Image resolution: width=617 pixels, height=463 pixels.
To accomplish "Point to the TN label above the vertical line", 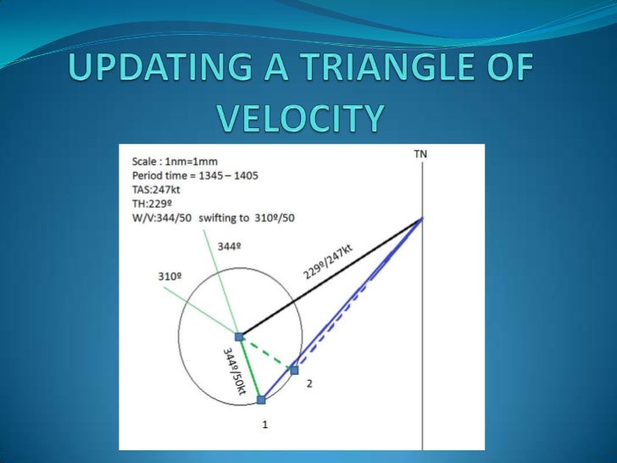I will coord(421,154).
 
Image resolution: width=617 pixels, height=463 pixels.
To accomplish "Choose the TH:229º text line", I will coord(147,204).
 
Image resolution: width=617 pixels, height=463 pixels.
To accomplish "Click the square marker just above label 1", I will coord(261,399).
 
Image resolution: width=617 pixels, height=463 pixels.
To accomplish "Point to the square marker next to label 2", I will coord(294,370).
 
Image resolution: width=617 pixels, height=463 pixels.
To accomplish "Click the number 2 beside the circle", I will coord(309,383).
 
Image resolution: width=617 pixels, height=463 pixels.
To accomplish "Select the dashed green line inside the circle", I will coord(267,353).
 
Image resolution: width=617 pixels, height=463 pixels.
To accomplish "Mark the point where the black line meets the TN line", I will coord(422,219).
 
